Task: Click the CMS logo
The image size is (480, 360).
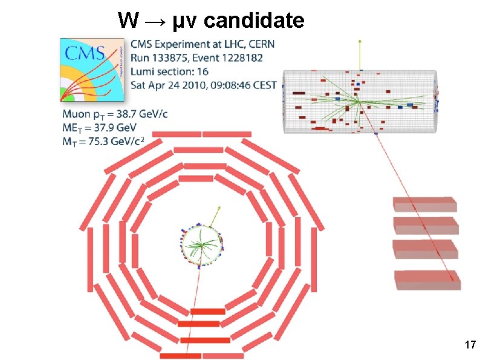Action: pyautogui.click(x=93, y=70)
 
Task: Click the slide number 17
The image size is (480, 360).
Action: pyautogui.click(x=469, y=345)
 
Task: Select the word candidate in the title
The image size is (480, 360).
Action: pyautogui.click(x=254, y=21)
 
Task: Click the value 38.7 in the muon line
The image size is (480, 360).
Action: pyautogui.click(x=132, y=114)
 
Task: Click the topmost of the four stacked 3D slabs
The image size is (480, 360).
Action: pyautogui.click(x=424, y=205)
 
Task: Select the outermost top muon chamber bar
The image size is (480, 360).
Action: pyautogui.click(x=202, y=134)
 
